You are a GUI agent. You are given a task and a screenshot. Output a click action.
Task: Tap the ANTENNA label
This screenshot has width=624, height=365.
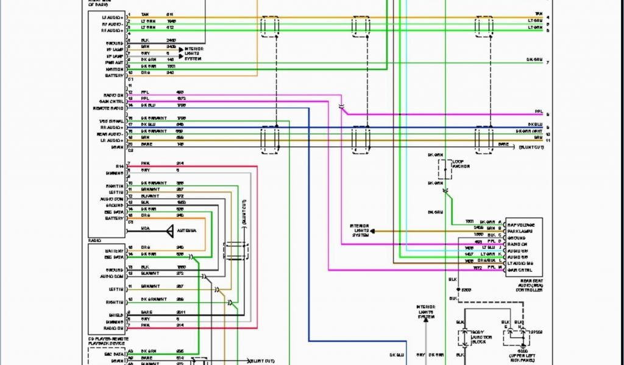(186, 231)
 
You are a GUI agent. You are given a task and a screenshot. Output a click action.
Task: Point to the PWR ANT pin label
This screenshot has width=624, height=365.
(115, 62)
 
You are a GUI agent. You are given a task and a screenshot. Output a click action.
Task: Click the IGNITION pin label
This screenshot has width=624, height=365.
(115, 69)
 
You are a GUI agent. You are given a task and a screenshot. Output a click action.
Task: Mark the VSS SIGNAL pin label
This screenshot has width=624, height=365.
(113, 121)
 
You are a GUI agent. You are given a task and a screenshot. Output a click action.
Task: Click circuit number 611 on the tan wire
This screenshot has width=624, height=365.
(169, 13)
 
